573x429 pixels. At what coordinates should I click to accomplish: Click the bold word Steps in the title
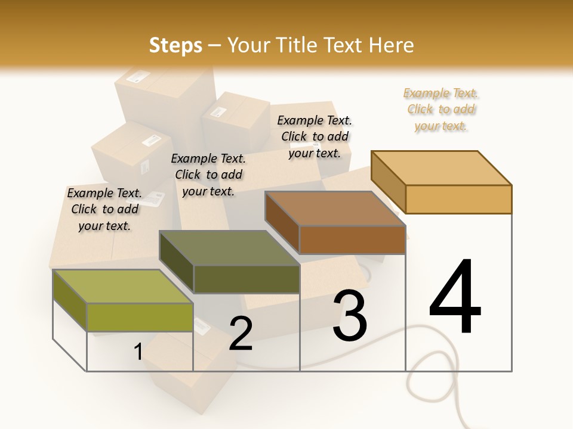[175, 45]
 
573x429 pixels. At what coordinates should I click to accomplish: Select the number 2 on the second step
[241, 334]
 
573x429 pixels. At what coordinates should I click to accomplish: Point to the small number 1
[138, 352]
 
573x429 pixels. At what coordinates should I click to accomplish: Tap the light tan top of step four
[442, 167]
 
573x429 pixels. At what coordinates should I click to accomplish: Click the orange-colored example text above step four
[441, 110]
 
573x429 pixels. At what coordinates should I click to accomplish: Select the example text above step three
[315, 136]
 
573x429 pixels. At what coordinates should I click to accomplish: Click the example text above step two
[208, 175]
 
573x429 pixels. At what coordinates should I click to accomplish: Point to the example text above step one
[104, 210]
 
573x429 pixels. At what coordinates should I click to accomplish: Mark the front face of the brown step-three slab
[352, 240]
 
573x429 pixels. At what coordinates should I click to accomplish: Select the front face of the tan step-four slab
[458, 199]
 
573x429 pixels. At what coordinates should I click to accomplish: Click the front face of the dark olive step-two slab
[247, 279]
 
